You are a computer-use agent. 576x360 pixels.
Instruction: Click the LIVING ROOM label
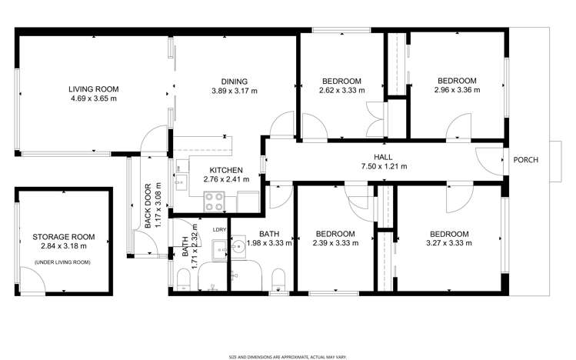tap(93, 89)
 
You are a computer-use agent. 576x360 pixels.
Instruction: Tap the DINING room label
tap(234, 82)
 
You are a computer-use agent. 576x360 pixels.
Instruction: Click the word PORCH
tap(526, 160)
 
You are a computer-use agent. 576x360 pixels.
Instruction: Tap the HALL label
tap(383, 157)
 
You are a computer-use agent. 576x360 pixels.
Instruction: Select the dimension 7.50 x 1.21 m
tap(383, 166)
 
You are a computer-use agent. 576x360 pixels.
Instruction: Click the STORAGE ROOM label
tap(63, 237)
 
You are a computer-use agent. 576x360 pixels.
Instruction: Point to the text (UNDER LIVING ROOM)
tap(62, 263)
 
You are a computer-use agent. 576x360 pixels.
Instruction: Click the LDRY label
tap(218, 229)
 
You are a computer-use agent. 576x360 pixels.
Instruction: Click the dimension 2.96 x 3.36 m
tap(457, 90)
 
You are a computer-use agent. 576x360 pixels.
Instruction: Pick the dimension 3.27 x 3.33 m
tap(449, 243)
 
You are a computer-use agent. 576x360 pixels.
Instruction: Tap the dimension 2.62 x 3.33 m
tap(341, 90)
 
